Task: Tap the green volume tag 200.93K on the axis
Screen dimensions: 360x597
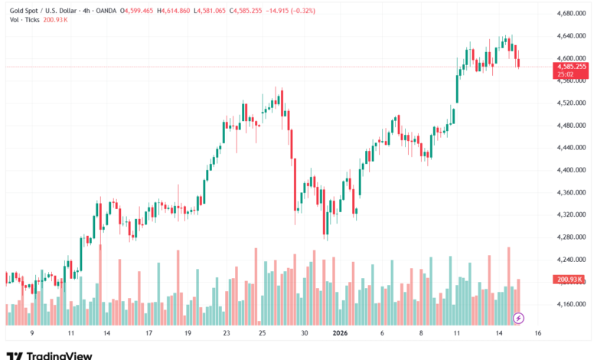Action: pos(570,280)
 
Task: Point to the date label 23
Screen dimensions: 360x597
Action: pos(227,333)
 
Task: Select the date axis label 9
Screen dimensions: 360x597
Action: pos(31,333)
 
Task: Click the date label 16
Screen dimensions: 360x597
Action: pos(538,333)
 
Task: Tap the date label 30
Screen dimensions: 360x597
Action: pos(305,333)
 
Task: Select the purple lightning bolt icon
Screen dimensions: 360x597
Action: pos(518,317)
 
